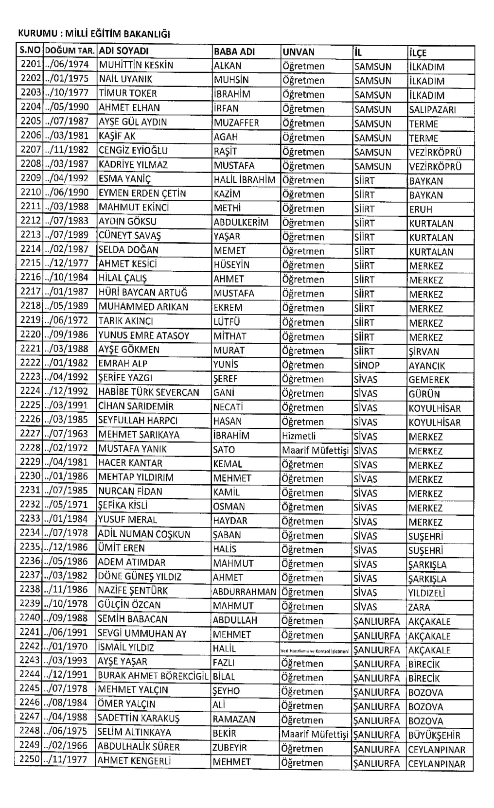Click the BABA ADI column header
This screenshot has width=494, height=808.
[x=234, y=52]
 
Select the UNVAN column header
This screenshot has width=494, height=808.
[x=299, y=52]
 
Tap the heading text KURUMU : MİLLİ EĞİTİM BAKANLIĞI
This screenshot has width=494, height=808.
[x=94, y=34]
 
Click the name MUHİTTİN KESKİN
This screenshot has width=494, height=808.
[x=136, y=65]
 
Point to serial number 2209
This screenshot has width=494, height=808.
[x=30, y=178]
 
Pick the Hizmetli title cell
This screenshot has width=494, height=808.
[x=299, y=436]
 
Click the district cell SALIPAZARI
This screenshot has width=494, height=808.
[x=432, y=110]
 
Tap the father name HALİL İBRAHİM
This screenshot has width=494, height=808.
[x=245, y=179]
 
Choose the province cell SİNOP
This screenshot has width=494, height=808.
[x=367, y=365]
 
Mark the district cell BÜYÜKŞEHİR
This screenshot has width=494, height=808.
[x=434, y=735]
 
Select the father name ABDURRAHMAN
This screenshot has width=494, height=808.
[x=245, y=592]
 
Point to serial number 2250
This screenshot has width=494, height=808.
[x=30, y=760]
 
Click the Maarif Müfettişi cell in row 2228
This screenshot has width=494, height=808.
[x=316, y=450]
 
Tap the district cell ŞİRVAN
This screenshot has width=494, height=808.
[x=424, y=351]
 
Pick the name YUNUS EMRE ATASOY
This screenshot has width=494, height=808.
[x=144, y=335]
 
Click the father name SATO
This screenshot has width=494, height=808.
[x=224, y=450]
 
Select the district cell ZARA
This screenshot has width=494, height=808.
[x=419, y=607]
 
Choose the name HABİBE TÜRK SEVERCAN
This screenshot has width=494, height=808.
[x=149, y=392]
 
